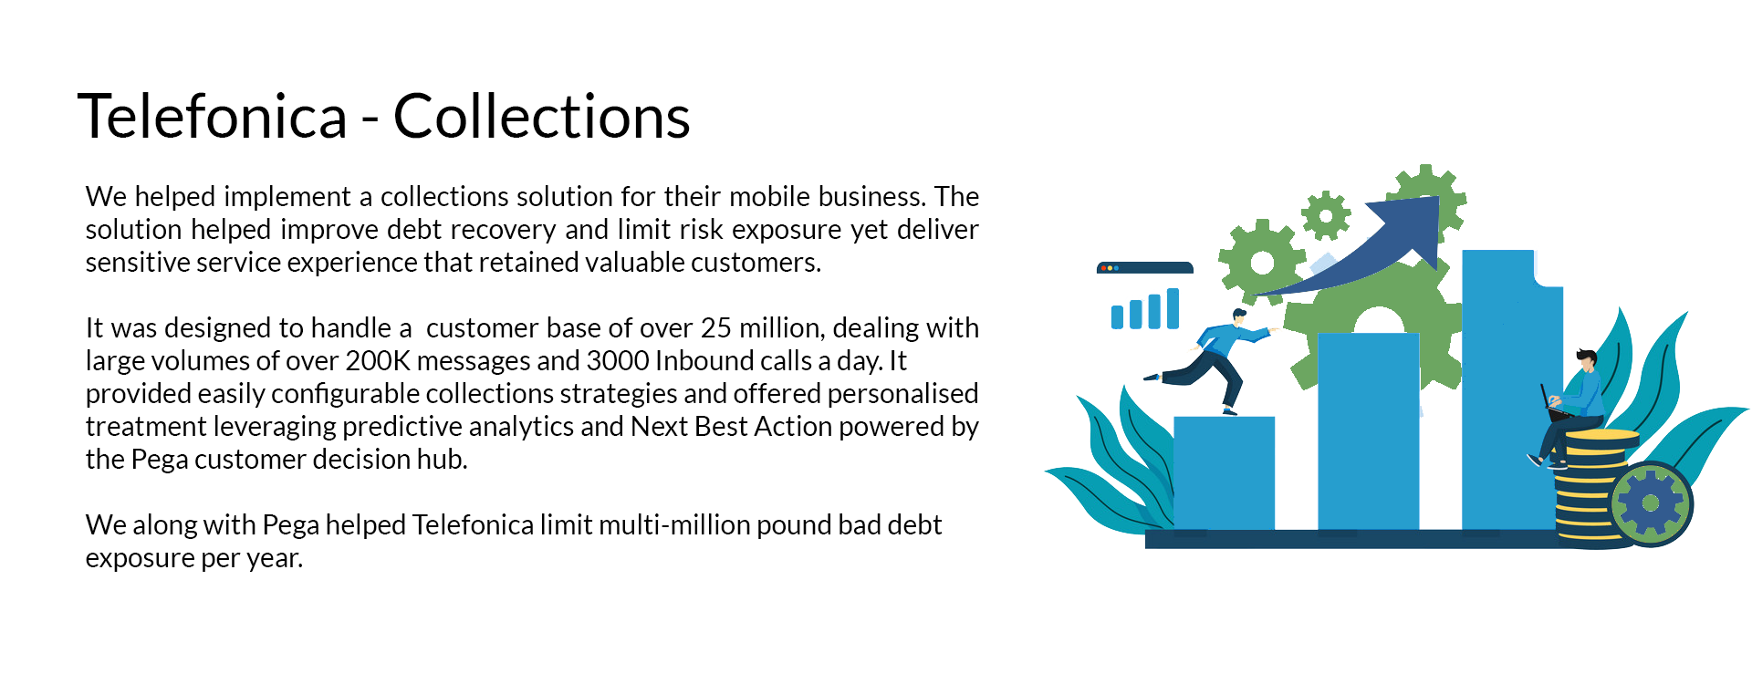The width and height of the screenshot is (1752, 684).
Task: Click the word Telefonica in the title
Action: tap(213, 116)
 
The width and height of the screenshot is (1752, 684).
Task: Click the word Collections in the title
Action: tap(541, 116)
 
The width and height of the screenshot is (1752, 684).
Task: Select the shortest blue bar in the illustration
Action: tap(1224, 472)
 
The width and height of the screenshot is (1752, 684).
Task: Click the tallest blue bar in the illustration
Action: tap(1511, 390)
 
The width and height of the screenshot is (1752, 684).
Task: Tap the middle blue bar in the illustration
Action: tap(1368, 431)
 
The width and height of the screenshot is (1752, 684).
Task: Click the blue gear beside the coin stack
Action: tap(1651, 503)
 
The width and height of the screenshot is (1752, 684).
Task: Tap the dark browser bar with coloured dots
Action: tap(1145, 268)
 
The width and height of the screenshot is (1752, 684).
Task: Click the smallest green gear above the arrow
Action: tap(1326, 216)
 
